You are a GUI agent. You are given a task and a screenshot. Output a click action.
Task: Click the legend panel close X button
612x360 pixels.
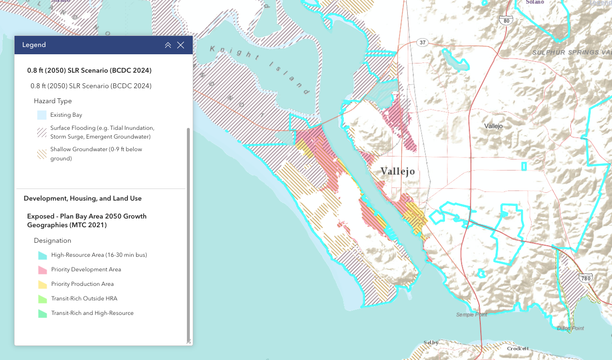point(181,45)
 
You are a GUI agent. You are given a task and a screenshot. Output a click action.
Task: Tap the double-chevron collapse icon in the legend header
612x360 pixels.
point(168,45)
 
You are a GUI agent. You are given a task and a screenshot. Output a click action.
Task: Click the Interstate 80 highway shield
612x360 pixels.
point(506,20)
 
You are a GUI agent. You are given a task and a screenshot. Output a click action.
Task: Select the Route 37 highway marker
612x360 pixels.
point(423,43)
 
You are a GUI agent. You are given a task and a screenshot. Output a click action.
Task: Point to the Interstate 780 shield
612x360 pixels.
point(585,278)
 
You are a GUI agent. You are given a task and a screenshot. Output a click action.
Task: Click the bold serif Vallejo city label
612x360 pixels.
point(398,172)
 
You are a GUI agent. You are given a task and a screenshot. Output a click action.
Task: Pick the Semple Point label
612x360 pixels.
point(472,315)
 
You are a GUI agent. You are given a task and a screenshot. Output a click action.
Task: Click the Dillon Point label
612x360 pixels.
point(570,328)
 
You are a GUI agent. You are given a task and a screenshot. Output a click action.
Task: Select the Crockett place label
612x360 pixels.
point(518,348)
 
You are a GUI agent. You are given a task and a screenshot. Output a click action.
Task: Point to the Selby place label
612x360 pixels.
point(430,343)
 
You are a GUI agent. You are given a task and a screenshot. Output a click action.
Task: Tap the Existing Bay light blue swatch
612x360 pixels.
point(42,115)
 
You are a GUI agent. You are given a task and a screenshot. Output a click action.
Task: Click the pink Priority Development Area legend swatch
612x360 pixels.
point(42,269)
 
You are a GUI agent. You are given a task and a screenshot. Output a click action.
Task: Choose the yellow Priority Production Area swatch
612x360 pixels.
point(42,284)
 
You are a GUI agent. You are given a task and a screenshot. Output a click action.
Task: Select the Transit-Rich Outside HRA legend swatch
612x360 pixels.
point(42,298)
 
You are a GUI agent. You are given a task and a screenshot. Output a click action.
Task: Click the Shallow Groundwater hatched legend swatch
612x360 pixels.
point(42,154)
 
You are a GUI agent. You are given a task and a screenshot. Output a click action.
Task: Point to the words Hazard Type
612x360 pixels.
point(53,101)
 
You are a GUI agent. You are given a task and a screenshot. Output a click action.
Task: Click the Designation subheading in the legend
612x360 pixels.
point(52,241)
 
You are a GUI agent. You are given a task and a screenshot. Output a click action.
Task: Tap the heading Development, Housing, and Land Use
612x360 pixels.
point(82,199)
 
